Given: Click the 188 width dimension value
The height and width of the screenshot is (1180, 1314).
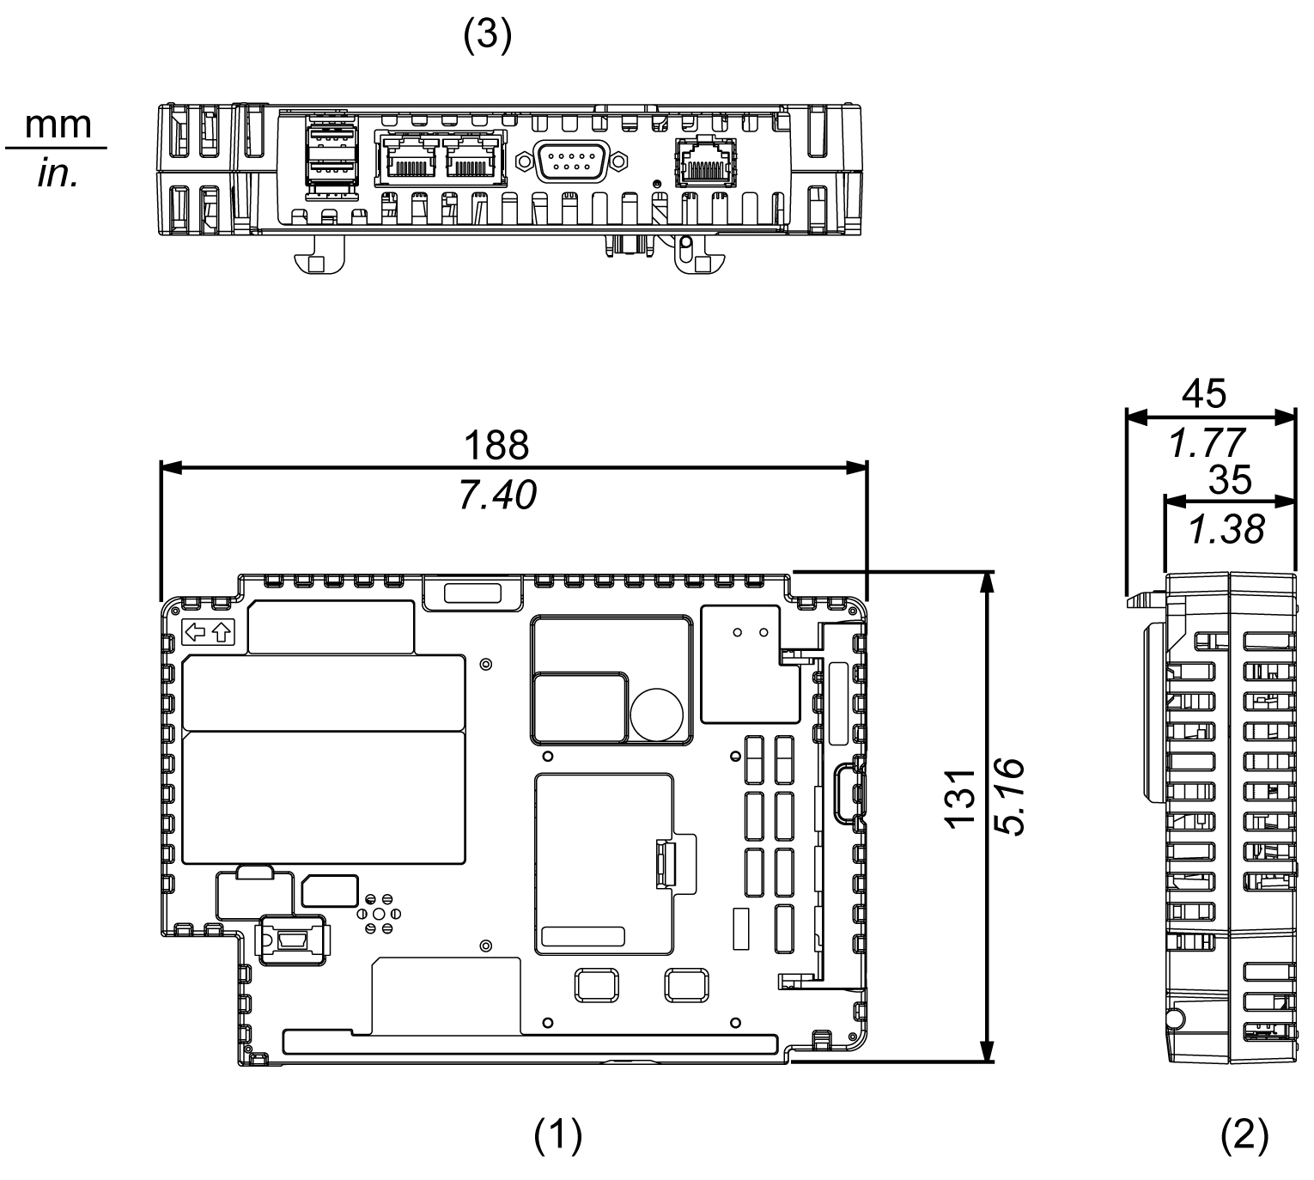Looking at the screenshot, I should click(496, 447).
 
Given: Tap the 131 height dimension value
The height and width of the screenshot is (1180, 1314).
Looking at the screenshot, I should click(961, 798).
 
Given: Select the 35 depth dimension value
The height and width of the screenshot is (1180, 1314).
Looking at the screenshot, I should click(1230, 481).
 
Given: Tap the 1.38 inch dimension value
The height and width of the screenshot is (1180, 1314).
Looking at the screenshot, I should click(1226, 531).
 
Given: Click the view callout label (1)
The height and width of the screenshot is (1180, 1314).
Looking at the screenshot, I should click(557, 1135).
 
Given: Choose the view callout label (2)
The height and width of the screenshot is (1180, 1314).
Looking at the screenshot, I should click(1244, 1135).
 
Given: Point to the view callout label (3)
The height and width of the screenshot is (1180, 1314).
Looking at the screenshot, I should click(487, 39).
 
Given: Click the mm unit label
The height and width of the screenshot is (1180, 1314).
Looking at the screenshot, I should click(58, 125).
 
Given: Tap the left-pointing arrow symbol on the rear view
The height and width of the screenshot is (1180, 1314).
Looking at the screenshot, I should click(196, 633).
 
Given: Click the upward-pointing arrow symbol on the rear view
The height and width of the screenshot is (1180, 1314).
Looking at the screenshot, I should click(222, 633).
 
